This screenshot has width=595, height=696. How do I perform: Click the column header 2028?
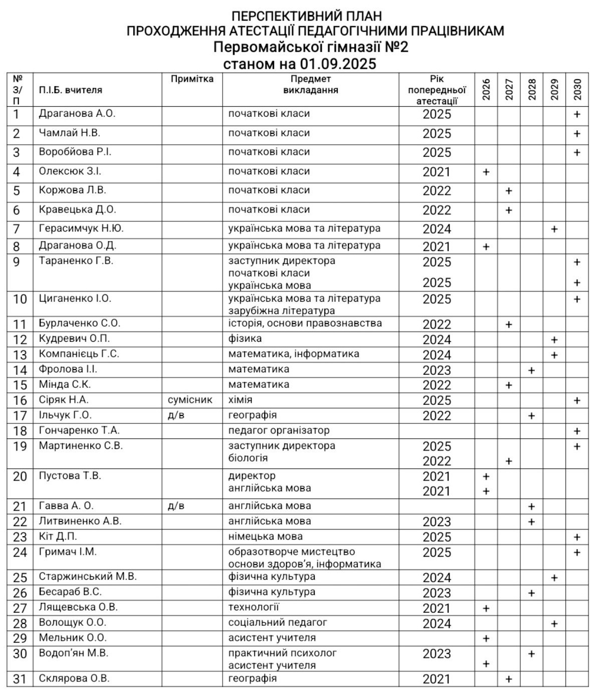532,89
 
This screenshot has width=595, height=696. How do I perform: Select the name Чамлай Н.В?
69,133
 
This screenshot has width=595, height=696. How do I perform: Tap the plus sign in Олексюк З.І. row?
486,172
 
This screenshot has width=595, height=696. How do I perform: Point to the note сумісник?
190,400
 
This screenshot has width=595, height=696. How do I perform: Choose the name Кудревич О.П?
74,338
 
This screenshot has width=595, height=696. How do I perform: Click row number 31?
19,679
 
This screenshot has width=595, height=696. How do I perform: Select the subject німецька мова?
265,537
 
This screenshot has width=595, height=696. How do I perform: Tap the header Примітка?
192,79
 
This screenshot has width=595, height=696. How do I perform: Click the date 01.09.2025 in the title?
338,64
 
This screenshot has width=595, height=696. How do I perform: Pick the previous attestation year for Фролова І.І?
437,370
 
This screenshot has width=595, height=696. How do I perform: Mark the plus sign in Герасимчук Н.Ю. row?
554,229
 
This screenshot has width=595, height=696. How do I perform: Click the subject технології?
253,607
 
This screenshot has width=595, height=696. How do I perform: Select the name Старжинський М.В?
88,576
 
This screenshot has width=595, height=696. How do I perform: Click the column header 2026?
486,89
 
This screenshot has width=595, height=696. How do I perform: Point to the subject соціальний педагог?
277,622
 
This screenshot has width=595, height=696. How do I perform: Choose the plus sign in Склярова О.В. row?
508,679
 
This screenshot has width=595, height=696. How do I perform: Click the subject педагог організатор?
279,430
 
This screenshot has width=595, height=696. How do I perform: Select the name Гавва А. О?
66,506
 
